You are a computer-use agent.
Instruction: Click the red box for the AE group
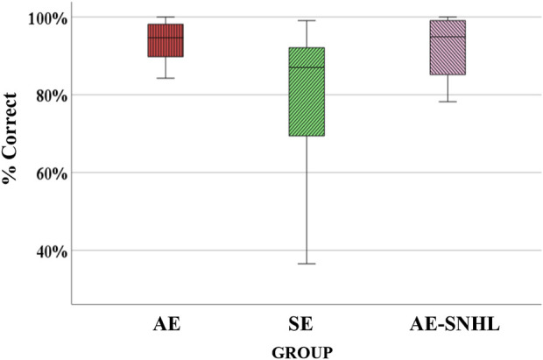[166, 40]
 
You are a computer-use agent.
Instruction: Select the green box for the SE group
[307, 91]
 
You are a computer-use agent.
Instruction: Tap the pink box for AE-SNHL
[448, 47]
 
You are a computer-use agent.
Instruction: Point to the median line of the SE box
[307, 67]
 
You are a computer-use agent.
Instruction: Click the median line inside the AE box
[166, 38]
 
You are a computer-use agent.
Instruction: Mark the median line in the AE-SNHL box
[448, 37]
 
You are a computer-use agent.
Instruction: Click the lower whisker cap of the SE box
[307, 264]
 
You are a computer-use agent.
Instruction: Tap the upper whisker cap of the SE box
[307, 20]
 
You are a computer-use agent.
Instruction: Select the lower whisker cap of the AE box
[166, 78]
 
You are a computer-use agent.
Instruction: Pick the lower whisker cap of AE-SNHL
[448, 102]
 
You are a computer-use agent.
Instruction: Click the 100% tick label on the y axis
[47, 18]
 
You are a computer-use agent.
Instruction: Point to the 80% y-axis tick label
[52, 95]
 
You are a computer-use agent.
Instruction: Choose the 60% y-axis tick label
[52, 173]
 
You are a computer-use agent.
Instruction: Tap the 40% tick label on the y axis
[52, 251]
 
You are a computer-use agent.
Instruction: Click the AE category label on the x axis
[166, 324]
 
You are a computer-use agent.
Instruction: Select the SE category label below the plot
[300, 324]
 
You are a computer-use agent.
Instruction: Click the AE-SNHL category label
[455, 324]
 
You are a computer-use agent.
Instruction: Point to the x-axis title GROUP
[302, 353]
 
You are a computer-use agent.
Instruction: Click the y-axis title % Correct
[10, 138]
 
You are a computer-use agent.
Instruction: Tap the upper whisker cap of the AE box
[166, 17]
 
